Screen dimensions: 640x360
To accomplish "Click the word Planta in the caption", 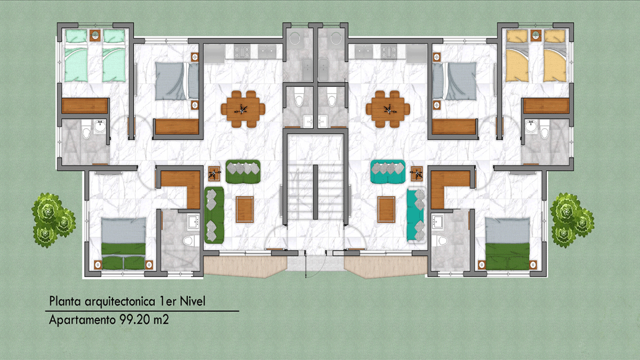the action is coord(65,301).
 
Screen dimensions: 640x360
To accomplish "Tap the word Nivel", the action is coord(193,301).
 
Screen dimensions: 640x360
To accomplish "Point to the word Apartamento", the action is coord(82,320).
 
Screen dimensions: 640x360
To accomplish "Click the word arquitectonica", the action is coord(121,302).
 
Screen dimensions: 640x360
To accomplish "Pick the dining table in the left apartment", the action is coord(243,109).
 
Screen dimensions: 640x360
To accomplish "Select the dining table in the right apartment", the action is coord(388,109).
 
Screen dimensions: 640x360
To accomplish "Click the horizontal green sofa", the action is coord(243,171).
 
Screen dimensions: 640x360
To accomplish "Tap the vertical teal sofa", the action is coord(415,215).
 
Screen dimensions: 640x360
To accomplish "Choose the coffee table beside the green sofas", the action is coord(245,210).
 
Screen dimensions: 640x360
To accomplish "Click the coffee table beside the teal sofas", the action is coord(386,210).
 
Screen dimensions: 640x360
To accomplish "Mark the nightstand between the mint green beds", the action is coord(95,35).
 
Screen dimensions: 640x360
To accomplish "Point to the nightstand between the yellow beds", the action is coord(535,35).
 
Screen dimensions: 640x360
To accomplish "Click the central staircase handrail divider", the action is coord(315,192).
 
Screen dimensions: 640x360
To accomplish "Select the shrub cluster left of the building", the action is coord(53,220).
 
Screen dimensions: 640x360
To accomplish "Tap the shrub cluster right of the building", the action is coord(572,220).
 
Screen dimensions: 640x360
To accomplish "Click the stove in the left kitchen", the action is coord(242,52).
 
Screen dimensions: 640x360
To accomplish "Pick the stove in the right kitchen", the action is coord(389,52).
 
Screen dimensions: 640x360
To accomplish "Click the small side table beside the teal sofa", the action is coord(417,174).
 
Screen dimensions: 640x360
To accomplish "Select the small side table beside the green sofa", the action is coord(214,174).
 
